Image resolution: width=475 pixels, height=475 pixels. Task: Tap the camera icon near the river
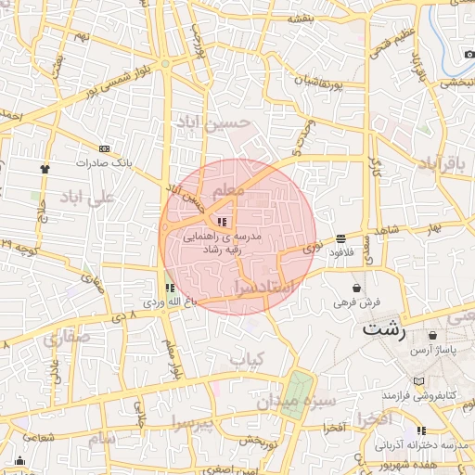click(469, 52)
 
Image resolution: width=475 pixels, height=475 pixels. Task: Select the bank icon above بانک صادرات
click(103, 148)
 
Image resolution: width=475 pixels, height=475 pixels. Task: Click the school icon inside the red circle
click(221, 222)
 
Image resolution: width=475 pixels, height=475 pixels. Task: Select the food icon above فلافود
click(341, 238)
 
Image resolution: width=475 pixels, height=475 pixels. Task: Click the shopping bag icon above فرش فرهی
click(357, 288)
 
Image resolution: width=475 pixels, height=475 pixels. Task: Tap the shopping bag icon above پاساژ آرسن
click(432, 334)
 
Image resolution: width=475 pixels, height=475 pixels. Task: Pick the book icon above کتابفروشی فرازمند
click(419, 381)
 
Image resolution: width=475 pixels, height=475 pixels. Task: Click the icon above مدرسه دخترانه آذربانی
click(422, 430)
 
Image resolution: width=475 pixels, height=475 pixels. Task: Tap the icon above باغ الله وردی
click(169, 288)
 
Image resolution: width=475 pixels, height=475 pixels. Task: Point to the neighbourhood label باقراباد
click(440, 164)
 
